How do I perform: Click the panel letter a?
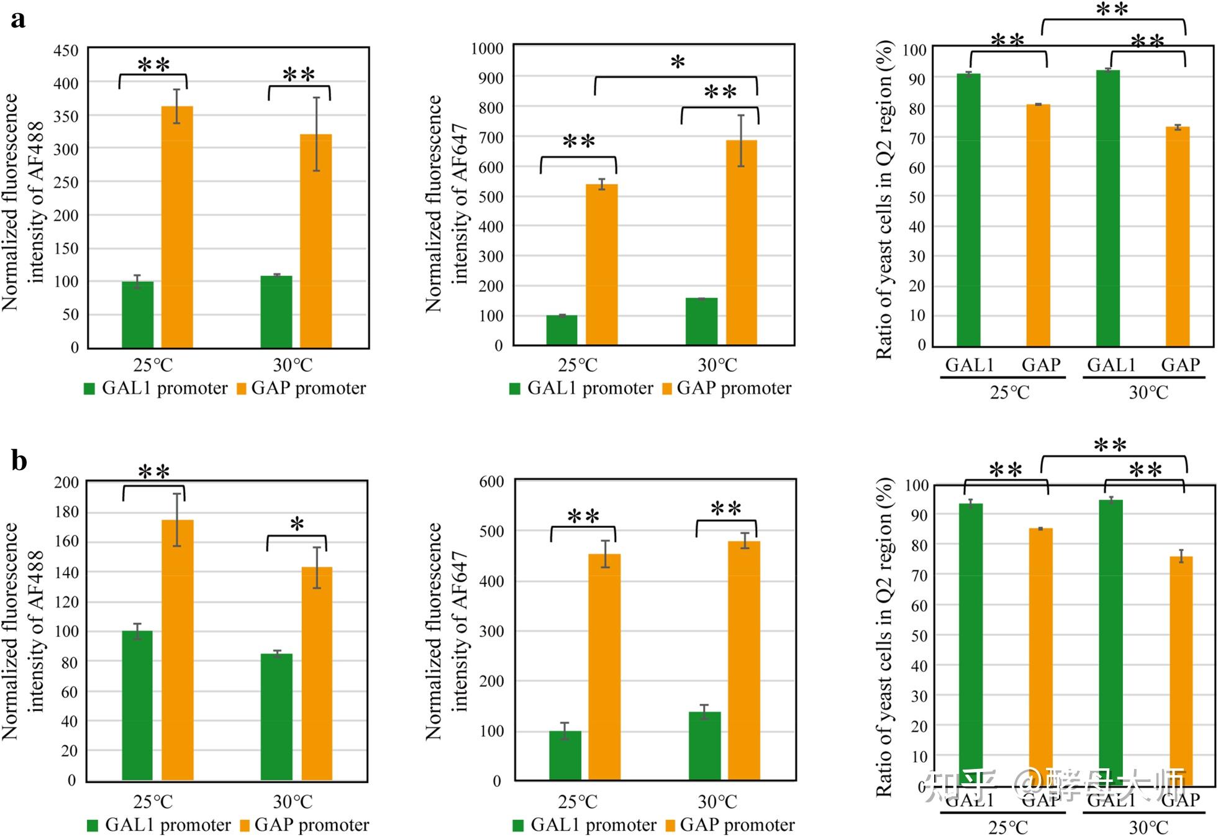pyautogui.click(x=18, y=19)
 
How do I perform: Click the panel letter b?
pyautogui.click(x=19, y=461)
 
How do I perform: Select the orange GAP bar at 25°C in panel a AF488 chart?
pyautogui.click(x=177, y=227)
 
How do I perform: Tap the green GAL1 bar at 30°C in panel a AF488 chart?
pyautogui.click(x=276, y=312)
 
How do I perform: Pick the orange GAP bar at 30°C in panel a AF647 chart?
pyautogui.click(x=742, y=242)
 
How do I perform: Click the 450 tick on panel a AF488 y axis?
pyautogui.click(x=66, y=50)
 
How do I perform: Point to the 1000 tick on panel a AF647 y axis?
pyautogui.click(x=487, y=48)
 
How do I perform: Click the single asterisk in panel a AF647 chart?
pyautogui.click(x=678, y=63)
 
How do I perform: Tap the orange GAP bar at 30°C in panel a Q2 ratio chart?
pyautogui.click(x=1178, y=236)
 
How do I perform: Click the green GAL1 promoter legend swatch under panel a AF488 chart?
pyautogui.click(x=89, y=389)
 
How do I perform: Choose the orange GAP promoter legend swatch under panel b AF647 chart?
pyautogui.click(x=670, y=825)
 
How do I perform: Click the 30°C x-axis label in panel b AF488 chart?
pyautogui.click(x=293, y=801)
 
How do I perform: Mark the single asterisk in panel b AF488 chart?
pyautogui.click(x=297, y=525)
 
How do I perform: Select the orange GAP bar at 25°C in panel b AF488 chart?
pyautogui.click(x=178, y=650)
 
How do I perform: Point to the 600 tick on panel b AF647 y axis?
pyautogui.click(x=491, y=481)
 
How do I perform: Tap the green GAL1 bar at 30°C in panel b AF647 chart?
pyautogui.click(x=704, y=745)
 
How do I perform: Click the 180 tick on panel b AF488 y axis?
pyautogui.click(x=66, y=512)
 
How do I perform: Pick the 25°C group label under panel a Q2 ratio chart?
pyautogui.click(x=1009, y=393)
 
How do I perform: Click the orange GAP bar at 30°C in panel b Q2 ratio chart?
pyautogui.click(x=1181, y=671)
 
